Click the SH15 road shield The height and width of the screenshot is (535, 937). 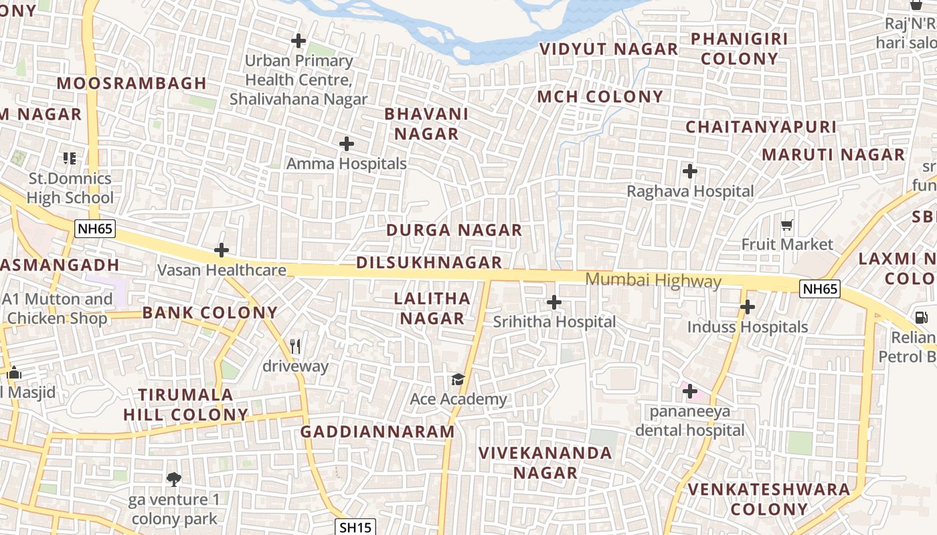[x=355, y=527]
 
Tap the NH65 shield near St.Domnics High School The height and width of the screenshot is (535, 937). [x=95, y=229]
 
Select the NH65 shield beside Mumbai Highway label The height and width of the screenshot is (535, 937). [x=820, y=289]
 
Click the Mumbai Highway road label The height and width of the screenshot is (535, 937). [x=653, y=280]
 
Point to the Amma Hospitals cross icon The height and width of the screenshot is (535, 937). [x=347, y=144]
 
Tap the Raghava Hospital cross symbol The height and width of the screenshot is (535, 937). [x=690, y=171]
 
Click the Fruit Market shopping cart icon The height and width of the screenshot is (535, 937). [x=787, y=225]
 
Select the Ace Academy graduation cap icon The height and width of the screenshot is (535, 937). [x=458, y=380]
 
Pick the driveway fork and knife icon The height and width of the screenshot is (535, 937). [x=295, y=346]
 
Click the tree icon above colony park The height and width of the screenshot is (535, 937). [x=174, y=479]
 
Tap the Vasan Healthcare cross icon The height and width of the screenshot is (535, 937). [x=222, y=251]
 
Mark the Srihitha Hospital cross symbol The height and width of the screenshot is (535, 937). [x=554, y=302]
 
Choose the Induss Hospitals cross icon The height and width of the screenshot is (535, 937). [x=748, y=308]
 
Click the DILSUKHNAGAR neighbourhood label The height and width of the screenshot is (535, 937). [x=429, y=262]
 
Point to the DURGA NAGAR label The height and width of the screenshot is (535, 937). [x=454, y=230]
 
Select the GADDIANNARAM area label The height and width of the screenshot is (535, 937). [x=377, y=431]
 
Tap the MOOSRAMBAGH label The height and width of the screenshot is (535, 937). [x=132, y=84]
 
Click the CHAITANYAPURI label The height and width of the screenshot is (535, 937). [x=761, y=126]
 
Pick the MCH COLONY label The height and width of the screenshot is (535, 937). [x=600, y=96]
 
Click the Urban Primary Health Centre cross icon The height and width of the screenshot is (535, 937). [x=299, y=41]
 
